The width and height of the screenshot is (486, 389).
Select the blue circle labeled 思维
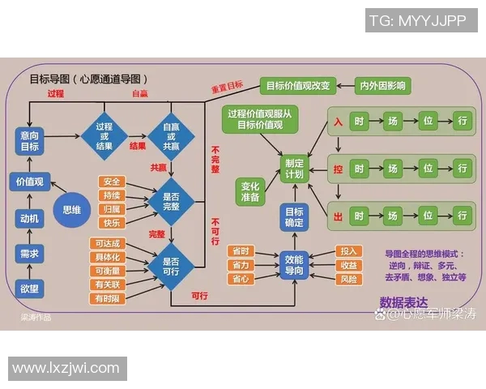[x=73, y=208]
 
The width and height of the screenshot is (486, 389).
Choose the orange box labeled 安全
[x=112, y=182]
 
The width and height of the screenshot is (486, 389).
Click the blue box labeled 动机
[x=30, y=217]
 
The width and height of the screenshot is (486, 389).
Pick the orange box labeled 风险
[x=350, y=280]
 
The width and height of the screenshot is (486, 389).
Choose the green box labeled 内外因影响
[x=384, y=85]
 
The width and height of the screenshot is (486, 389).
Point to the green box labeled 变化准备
[x=251, y=191]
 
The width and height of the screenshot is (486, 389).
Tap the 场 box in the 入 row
[x=393, y=122]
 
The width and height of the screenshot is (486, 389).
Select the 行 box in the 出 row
[x=462, y=216]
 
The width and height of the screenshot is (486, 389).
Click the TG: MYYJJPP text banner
[x=418, y=21]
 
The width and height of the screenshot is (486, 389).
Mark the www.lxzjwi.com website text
[x=66, y=369]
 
